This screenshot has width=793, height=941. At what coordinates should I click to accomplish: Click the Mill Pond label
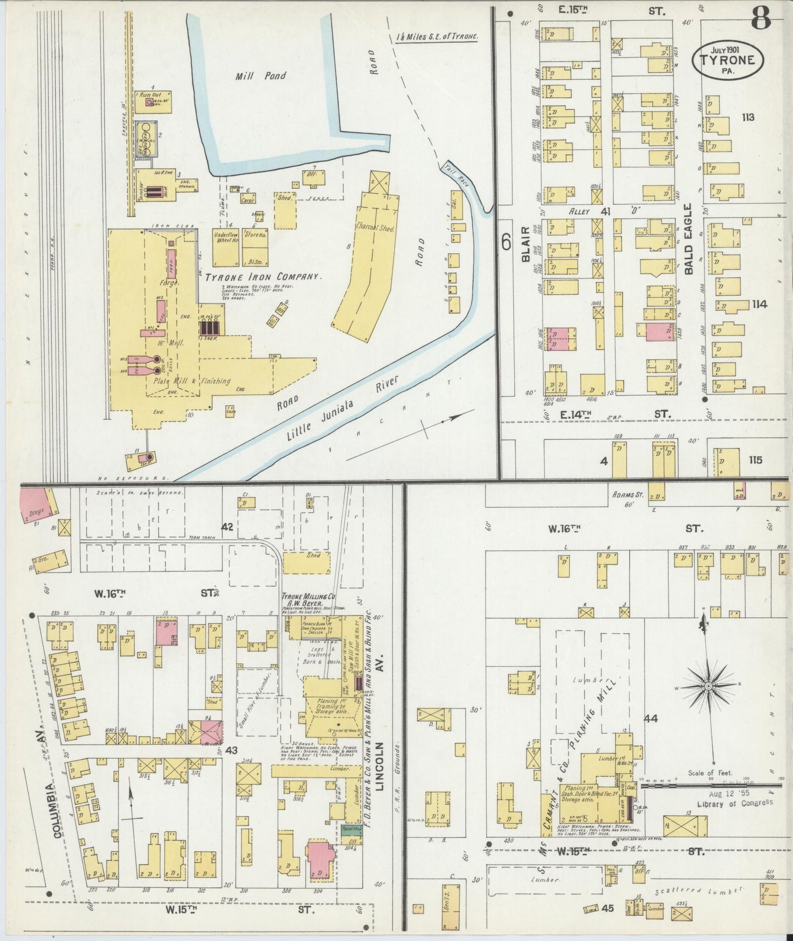[261, 76]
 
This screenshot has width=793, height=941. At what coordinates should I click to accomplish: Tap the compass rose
[708, 686]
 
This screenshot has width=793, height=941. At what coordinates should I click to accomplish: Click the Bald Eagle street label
[689, 239]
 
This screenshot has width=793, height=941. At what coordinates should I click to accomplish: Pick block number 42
[228, 527]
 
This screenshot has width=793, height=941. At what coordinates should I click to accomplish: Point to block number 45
[606, 908]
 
